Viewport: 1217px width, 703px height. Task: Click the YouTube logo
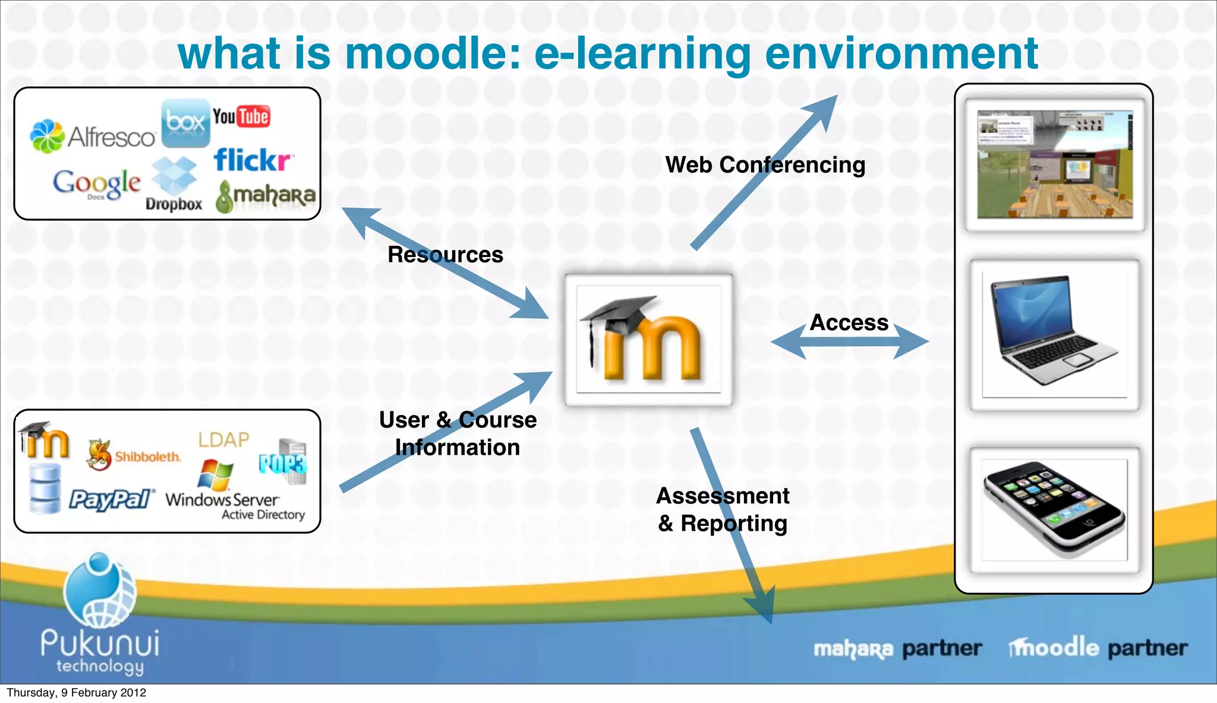pyautogui.click(x=241, y=117)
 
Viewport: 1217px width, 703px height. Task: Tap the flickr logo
pyautogui.click(x=253, y=160)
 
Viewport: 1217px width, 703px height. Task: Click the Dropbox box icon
pyautogui.click(x=174, y=175)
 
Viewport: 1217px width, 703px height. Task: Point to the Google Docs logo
pyautogui.click(x=97, y=184)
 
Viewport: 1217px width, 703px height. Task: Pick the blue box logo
pyautogui.click(x=185, y=123)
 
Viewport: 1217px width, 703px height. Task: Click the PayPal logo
pyautogui.click(x=111, y=499)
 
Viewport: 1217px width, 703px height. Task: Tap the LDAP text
pyautogui.click(x=223, y=440)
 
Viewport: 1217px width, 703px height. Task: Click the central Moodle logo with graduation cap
pyautogui.click(x=648, y=340)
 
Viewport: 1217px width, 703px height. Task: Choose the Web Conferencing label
pyautogui.click(x=765, y=165)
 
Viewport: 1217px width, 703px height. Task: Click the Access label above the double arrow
pyautogui.click(x=849, y=322)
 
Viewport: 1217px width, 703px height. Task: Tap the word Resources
pyautogui.click(x=445, y=255)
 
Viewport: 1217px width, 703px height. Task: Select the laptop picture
pyautogui.click(x=1054, y=334)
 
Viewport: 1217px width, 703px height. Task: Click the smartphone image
pyautogui.click(x=1054, y=509)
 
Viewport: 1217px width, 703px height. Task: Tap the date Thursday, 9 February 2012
pyautogui.click(x=76, y=693)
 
